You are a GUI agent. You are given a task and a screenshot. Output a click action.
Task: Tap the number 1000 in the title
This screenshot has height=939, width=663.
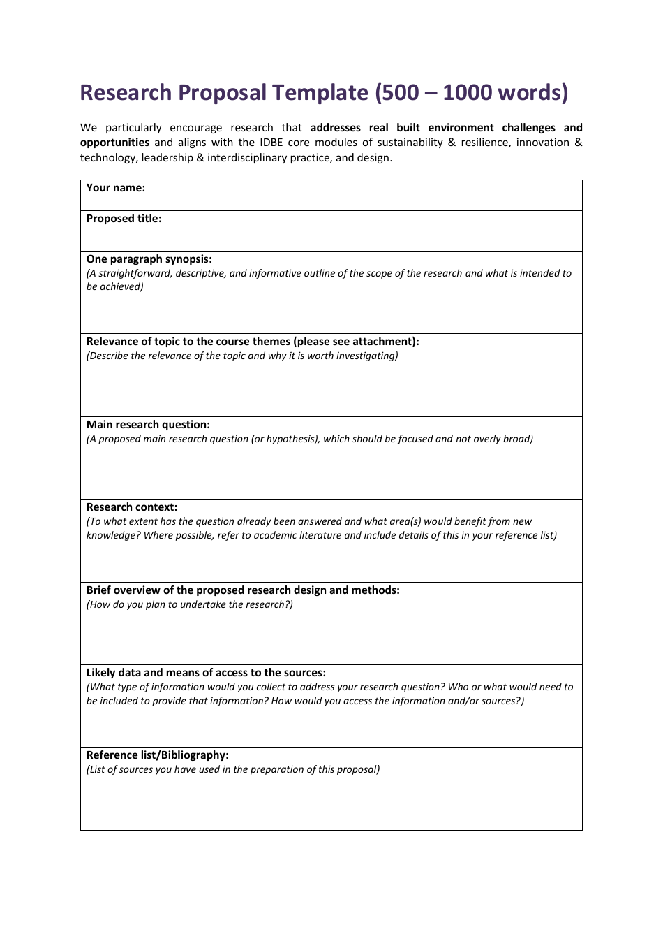(x=471, y=93)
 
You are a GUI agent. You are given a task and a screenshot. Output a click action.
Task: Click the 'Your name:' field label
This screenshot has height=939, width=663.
(x=116, y=188)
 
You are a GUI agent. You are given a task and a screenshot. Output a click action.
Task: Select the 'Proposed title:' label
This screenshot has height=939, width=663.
(x=124, y=219)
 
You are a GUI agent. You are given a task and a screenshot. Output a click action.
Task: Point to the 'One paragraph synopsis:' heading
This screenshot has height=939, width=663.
(x=149, y=259)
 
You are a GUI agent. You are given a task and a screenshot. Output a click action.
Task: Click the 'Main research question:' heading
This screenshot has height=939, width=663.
(x=148, y=425)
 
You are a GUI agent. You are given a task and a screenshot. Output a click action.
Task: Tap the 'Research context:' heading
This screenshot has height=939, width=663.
(x=132, y=507)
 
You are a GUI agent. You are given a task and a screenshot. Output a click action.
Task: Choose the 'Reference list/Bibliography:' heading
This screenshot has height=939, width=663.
(x=158, y=755)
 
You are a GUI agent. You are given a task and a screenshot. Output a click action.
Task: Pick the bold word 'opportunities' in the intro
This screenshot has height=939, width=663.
(x=114, y=143)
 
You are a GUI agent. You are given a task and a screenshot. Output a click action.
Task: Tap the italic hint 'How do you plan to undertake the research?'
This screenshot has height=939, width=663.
(x=190, y=605)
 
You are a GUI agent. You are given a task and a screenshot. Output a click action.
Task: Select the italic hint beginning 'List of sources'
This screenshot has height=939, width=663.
(x=233, y=770)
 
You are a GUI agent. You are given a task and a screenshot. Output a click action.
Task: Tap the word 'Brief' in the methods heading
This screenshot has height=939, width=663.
(x=99, y=590)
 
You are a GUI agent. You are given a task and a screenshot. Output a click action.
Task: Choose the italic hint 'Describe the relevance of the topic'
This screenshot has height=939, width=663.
(x=242, y=356)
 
